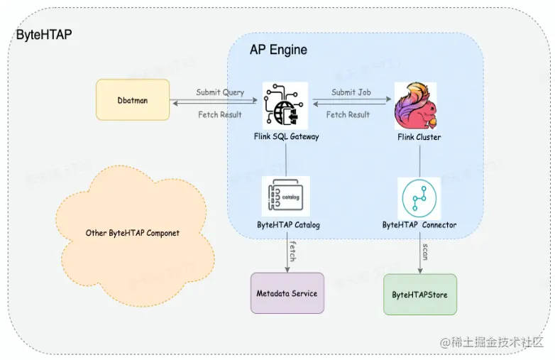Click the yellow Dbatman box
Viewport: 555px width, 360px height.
click(x=133, y=100)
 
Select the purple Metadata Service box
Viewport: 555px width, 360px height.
click(x=287, y=293)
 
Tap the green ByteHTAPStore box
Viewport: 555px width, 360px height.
click(x=420, y=295)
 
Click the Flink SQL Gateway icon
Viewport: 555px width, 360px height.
click(x=285, y=106)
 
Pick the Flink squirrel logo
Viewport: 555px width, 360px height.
click(x=416, y=106)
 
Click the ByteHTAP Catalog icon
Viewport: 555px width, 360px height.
click(x=285, y=196)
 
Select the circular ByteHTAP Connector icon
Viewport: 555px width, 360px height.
click(x=419, y=198)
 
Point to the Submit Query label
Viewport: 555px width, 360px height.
click(x=220, y=92)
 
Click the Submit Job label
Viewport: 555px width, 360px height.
click(x=351, y=92)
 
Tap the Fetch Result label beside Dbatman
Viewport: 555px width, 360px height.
click(x=220, y=114)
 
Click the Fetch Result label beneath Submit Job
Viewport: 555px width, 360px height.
click(x=348, y=114)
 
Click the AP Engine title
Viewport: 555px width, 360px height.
click(x=278, y=50)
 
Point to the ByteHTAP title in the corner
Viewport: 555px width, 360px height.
click(x=44, y=35)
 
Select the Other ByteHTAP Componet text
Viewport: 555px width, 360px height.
click(x=133, y=233)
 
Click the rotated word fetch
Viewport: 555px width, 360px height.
click(x=292, y=251)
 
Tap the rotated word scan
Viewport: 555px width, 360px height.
click(x=425, y=251)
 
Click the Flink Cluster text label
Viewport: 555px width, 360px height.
click(x=419, y=137)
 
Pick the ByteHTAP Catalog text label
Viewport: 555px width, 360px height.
click(x=288, y=225)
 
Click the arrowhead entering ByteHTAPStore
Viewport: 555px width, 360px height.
click(x=420, y=271)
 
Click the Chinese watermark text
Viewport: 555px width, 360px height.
click(x=491, y=342)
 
